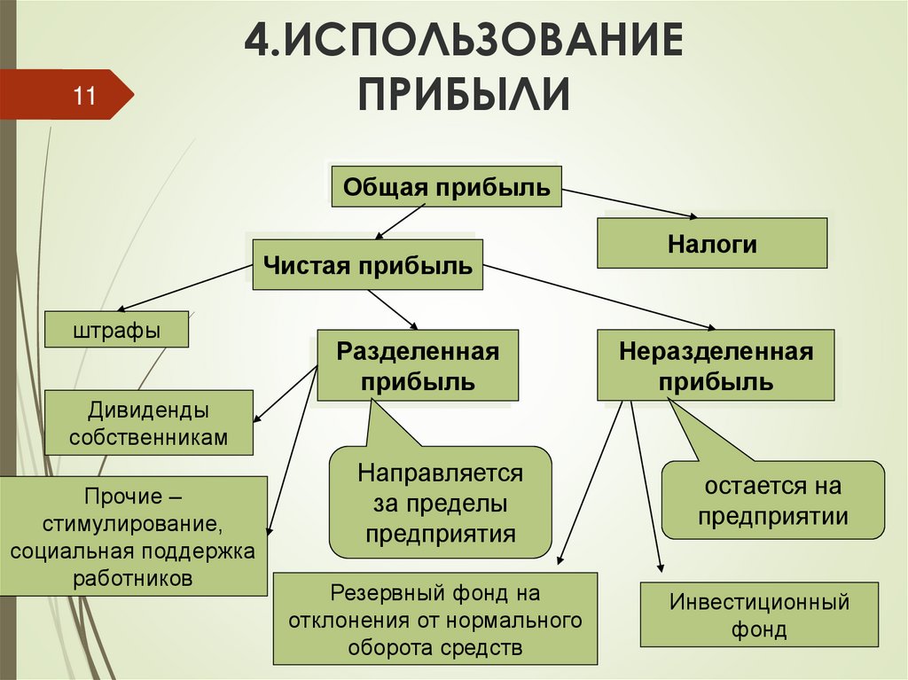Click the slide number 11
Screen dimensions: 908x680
click(x=83, y=95)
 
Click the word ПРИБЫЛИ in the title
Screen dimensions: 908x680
click(x=463, y=93)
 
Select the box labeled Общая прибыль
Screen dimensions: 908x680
click(x=446, y=187)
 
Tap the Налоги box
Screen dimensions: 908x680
click(x=712, y=244)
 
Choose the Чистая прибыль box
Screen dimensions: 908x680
click(x=367, y=265)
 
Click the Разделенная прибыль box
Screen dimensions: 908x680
click(x=418, y=366)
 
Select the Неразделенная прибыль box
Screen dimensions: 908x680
click(x=716, y=366)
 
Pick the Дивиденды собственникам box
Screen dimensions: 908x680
click(x=148, y=424)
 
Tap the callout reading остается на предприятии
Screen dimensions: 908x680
click(x=772, y=500)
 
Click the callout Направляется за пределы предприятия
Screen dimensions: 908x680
click(x=441, y=502)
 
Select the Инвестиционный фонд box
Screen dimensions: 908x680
click(x=759, y=615)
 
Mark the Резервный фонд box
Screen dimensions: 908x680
click(x=434, y=619)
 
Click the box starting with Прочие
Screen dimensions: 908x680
click(x=133, y=535)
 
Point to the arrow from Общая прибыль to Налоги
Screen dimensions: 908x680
click(x=630, y=203)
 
